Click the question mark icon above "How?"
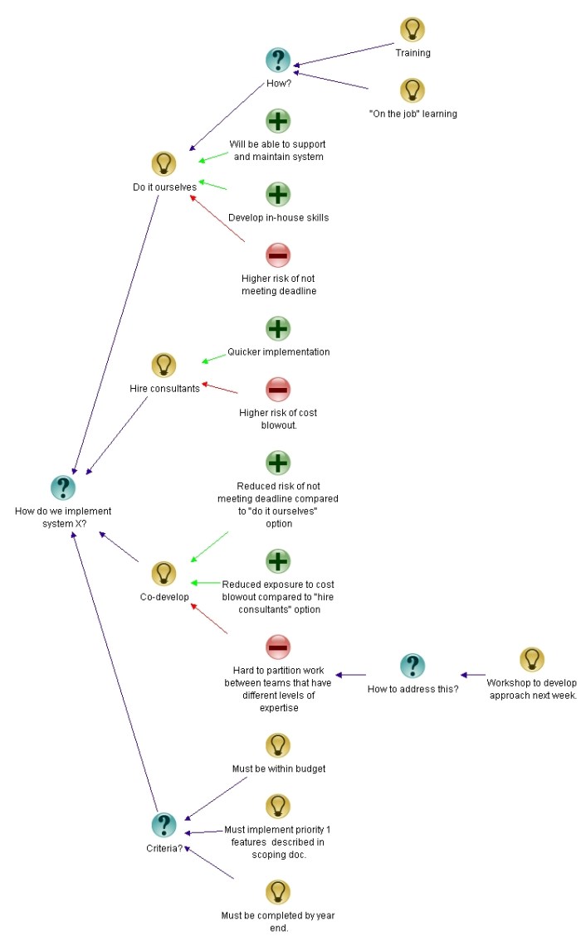pyautogui.click(x=278, y=59)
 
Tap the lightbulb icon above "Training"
pyautogui.click(x=413, y=30)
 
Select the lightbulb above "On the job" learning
pyautogui.click(x=413, y=90)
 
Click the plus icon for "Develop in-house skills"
pyautogui.click(x=278, y=194)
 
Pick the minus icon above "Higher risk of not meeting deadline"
pyautogui.click(x=278, y=254)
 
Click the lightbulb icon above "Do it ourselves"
pyautogui.click(x=164, y=163)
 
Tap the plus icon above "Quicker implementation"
pyautogui.click(x=278, y=327)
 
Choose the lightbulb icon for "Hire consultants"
pyautogui.click(x=164, y=365)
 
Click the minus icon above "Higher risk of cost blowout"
pyautogui.click(x=278, y=388)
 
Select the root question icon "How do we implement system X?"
pyautogui.click(x=63, y=487)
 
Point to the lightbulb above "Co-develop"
pyautogui.click(x=164, y=573)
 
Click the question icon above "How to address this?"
pyautogui.click(x=413, y=665)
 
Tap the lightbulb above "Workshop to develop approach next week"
pyautogui.click(x=532, y=659)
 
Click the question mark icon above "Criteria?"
pyautogui.click(x=164, y=824)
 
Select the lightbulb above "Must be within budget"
pyautogui.click(x=278, y=744)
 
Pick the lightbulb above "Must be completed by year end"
pyautogui.click(x=278, y=892)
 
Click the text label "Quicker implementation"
pyautogui.click(x=279, y=352)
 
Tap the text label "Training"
pyautogui.click(x=413, y=53)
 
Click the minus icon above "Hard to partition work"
pyautogui.click(x=278, y=646)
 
